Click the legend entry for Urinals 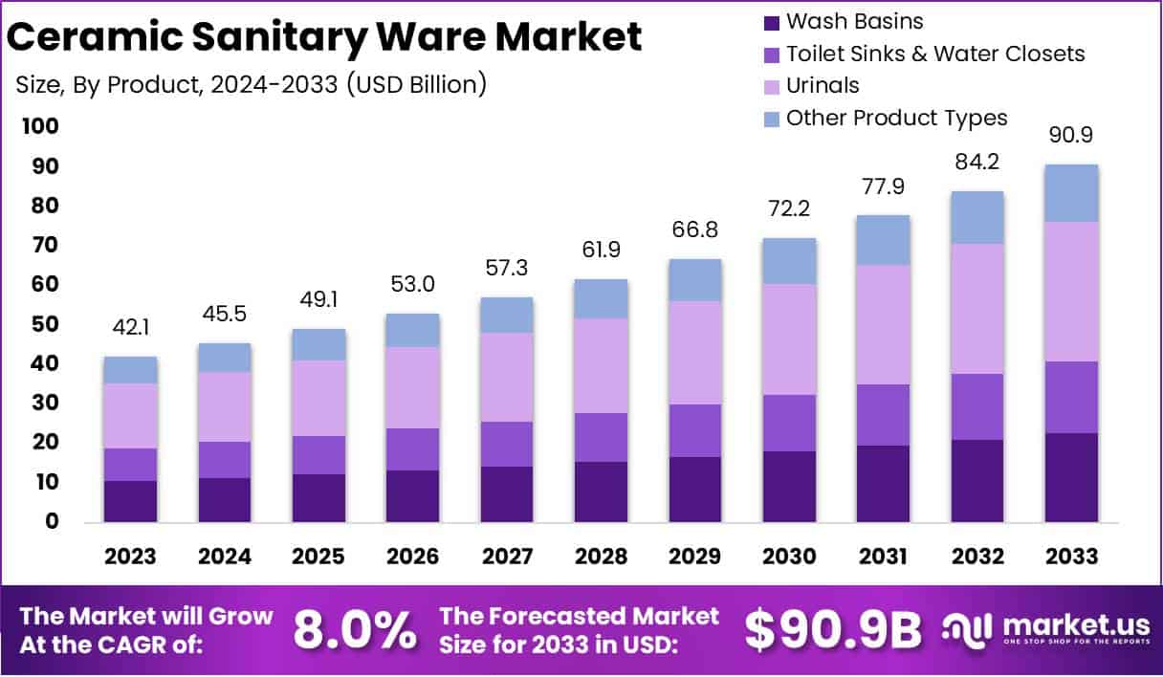823,85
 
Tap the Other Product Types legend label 896,118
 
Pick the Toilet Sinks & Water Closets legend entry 935,54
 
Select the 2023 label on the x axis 130,557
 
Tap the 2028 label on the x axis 601,557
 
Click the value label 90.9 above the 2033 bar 1071,136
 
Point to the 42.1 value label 130,328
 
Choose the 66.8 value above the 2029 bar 694,230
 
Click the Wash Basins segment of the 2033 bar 1071,477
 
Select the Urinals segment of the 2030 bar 789,338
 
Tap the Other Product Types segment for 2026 412,330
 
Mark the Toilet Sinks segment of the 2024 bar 224,459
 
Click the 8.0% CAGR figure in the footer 354,630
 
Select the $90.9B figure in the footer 832,630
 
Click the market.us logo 1044,630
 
